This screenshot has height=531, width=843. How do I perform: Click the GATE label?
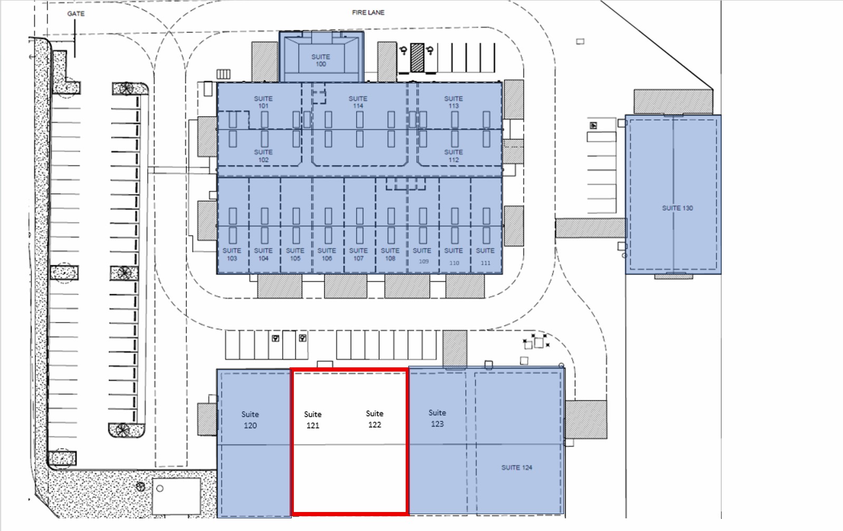(75, 14)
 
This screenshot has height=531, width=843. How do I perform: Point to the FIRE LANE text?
(368, 13)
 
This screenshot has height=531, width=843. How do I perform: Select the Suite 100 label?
(321, 60)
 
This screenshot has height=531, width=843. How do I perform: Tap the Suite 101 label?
(263, 102)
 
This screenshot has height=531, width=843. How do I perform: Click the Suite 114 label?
(358, 102)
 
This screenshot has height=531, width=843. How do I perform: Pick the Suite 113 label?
(454, 102)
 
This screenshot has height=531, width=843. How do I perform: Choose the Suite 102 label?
(263, 156)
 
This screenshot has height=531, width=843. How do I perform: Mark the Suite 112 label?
(454, 156)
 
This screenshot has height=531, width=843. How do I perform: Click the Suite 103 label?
(232, 254)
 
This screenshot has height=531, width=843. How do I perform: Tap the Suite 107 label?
(358, 254)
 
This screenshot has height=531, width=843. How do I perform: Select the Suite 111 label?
(485, 257)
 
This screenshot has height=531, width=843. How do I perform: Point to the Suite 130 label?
(677, 208)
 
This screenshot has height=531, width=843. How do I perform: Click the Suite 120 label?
(250, 420)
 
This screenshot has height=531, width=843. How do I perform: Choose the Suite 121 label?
(313, 420)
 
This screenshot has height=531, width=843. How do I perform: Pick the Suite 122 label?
(375, 419)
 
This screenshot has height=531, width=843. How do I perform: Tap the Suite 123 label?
(437, 419)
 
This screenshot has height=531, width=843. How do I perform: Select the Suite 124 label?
(516, 467)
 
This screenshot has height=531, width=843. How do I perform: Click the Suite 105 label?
(295, 254)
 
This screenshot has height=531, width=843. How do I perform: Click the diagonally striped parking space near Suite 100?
(417, 58)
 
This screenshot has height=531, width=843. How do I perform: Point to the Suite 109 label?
(422, 255)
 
